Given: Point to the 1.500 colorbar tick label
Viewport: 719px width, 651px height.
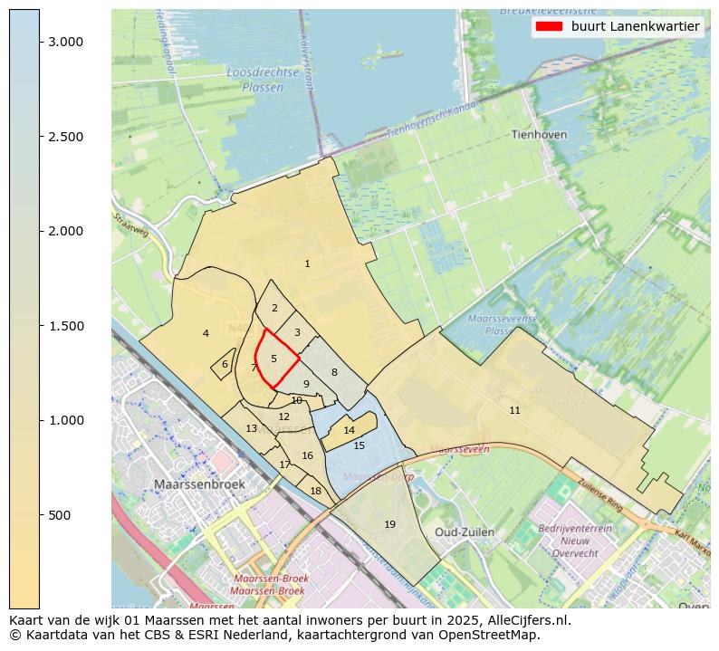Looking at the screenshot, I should point(66,326).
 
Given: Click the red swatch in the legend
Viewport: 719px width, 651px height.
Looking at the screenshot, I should point(549,26).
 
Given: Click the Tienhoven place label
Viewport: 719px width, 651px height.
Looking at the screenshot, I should point(539,134).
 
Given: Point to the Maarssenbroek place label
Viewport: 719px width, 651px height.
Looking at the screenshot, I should point(199,484).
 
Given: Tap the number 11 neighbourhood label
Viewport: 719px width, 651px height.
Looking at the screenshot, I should point(514,410).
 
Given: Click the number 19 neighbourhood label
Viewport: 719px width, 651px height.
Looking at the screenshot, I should point(389,524).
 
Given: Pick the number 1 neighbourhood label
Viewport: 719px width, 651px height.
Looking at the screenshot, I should point(307,263).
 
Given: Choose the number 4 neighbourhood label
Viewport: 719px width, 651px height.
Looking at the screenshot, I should point(206,333).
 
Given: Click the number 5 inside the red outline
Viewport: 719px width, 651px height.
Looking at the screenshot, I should point(273,359).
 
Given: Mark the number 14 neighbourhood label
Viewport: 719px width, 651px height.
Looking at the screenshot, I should point(349,430).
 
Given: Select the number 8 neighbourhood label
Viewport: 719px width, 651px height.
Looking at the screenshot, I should point(333,372).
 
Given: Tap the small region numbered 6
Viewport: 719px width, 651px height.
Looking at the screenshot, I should point(224,365).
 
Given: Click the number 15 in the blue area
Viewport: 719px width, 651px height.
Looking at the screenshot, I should point(359,445).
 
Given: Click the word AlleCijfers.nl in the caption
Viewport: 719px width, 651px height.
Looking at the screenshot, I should point(531,621).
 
